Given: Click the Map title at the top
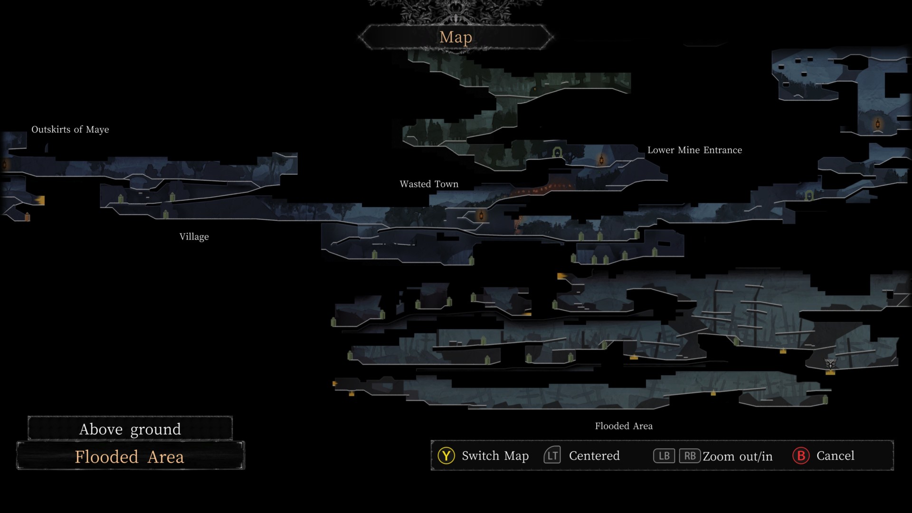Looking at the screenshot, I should pyautogui.click(x=456, y=37).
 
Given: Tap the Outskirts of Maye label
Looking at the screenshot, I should pyautogui.click(x=70, y=129).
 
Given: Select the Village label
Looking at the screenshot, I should pyautogui.click(x=194, y=237).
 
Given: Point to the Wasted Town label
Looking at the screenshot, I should pyautogui.click(x=429, y=184).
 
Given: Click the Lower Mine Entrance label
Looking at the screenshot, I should pyautogui.click(x=694, y=150).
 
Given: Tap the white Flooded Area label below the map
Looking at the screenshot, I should pyautogui.click(x=624, y=426).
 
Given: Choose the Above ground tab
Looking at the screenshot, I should pyautogui.click(x=130, y=429).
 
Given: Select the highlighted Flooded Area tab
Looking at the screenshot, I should pyautogui.click(x=130, y=456).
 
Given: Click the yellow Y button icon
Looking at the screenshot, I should pyautogui.click(x=446, y=456).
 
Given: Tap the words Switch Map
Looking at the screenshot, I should pyautogui.click(x=495, y=456).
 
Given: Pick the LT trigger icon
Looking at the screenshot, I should pyautogui.click(x=552, y=456).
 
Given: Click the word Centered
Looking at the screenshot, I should pyautogui.click(x=594, y=456).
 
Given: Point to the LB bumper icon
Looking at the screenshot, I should pyautogui.click(x=664, y=456).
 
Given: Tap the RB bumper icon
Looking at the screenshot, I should pyautogui.click(x=690, y=456).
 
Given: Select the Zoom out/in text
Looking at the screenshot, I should pyautogui.click(x=738, y=456).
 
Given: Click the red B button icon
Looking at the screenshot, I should pyautogui.click(x=801, y=456).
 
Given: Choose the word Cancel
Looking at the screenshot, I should pyautogui.click(x=836, y=456).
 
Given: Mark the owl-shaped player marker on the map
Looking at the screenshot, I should pyautogui.click(x=830, y=364).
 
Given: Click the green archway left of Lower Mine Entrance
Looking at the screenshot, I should pyautogui.click(x=557, y=153).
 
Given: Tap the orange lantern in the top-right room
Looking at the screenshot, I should pyautogui.click(x=878, y=124).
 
